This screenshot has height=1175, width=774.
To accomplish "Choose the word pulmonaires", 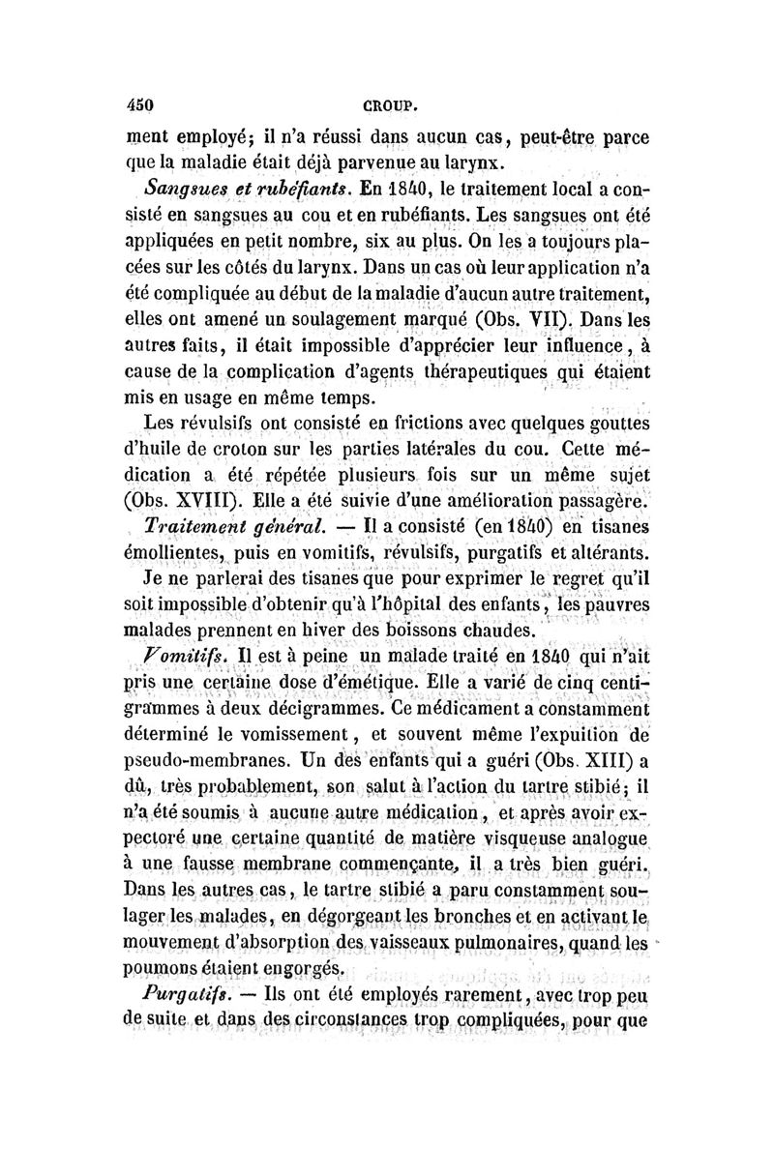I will click(547, 940).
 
